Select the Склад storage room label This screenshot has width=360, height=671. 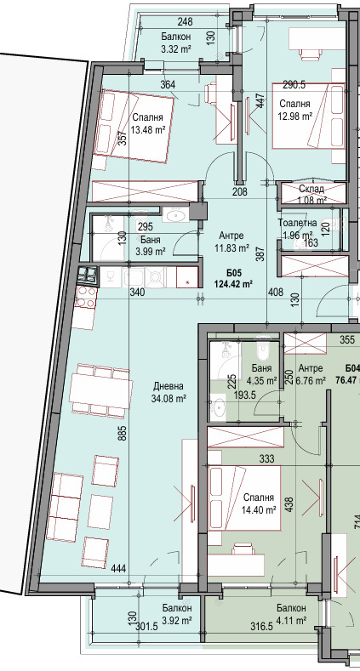(x=311, y=189)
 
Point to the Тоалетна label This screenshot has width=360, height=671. (x=297, y=223)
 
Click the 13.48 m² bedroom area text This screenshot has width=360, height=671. (x=149, y=130)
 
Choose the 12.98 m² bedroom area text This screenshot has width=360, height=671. (x=295, y=116)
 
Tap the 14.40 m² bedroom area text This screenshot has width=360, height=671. (x=259, y=509)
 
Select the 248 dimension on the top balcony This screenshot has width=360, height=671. (x=185, y=21)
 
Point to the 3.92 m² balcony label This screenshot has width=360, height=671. (x=177, y=620)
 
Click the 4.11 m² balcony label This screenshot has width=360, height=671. (x=291, y=620)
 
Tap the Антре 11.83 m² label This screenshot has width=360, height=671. (x=231, y=241)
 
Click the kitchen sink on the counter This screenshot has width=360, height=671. (x=134, y=277)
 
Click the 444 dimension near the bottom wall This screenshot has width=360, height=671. (x=118, y=569)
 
